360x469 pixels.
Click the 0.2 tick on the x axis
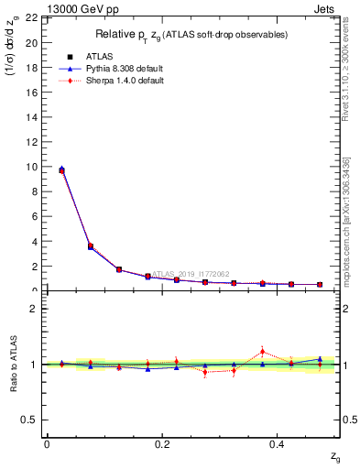[162, 443]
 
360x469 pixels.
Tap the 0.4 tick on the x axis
[278, 443]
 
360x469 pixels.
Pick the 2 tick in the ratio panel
[32, 309]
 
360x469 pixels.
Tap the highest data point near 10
[61, 169]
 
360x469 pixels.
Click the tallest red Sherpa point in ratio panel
[263, 351]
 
